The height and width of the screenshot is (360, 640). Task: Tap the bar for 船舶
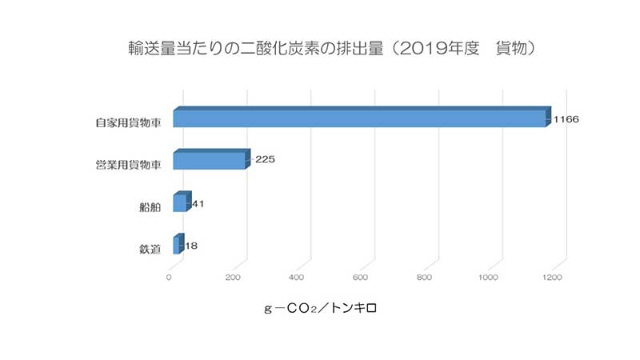(x=181, y=203)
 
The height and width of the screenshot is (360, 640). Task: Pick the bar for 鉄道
(x=177, y=245)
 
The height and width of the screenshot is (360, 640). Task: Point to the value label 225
(x=265, y=160)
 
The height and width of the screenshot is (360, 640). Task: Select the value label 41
(x=198, y=204)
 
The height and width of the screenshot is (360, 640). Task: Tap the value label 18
(x=190, y=246)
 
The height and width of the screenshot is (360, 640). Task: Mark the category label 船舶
(x=150, y=207)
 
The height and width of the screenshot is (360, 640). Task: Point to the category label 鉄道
(x=150, y=250)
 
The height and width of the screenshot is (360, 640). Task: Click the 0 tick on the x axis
(x=169, y=278)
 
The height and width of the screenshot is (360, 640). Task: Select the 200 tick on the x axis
(x=234, y=278)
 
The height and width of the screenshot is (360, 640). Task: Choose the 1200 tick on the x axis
(x=551, y=278)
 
